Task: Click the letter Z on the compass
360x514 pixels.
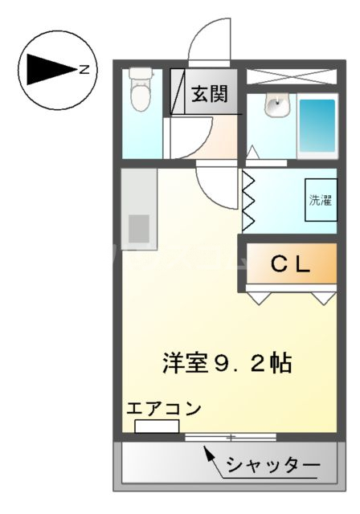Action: (x=84, y=70)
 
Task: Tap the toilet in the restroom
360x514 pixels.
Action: (x=141, y=96)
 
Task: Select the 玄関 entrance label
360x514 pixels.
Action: (x=209, y=93)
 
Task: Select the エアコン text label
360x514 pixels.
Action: (x=163, y=407)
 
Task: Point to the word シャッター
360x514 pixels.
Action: (x=273, y=465)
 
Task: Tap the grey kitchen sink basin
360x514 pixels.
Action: (x=139, y=228)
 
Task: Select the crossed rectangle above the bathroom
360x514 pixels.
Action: (x=291, y=77)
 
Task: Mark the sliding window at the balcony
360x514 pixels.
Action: (x=230, y=437)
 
